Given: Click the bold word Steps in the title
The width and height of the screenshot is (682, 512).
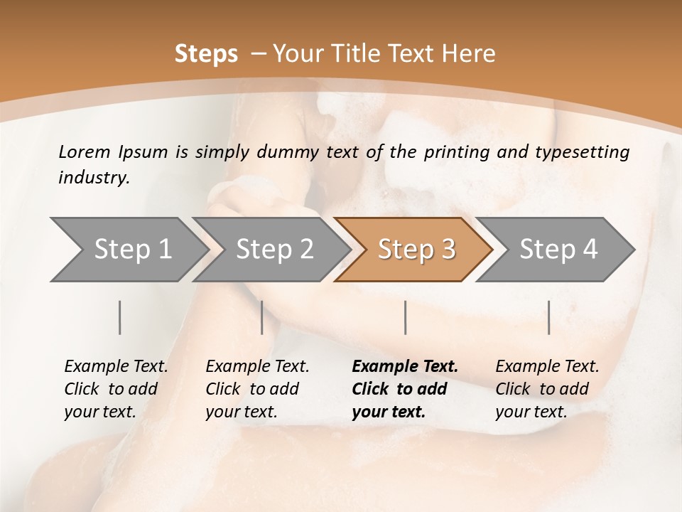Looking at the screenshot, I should click(206, 54).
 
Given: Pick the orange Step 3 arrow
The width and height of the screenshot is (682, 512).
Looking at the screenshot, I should click(416, 250).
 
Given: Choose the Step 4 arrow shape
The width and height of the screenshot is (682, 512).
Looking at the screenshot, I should click(558, 250).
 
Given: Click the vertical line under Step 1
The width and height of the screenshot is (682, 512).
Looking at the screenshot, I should click(120, 317).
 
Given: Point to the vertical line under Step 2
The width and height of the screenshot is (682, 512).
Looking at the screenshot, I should click(262, 317).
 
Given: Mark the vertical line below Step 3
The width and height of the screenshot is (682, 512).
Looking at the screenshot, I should click(405, 317).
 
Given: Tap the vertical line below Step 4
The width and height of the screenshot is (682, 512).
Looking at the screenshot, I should click(548, 317).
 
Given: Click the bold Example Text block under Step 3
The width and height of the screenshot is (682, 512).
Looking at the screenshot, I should click(404, 389).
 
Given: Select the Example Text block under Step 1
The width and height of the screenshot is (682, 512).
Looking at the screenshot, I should click(116, 389).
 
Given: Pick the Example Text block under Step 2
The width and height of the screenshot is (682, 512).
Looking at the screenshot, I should click(257, 389).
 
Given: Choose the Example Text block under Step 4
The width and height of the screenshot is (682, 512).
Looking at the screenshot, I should click(547, 389).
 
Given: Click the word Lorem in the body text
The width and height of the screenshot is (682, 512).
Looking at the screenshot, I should click(85, 151).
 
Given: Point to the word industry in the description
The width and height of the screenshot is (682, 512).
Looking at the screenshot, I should click(93, 178).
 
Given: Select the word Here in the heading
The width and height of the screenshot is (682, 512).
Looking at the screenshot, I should click(470, 54).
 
